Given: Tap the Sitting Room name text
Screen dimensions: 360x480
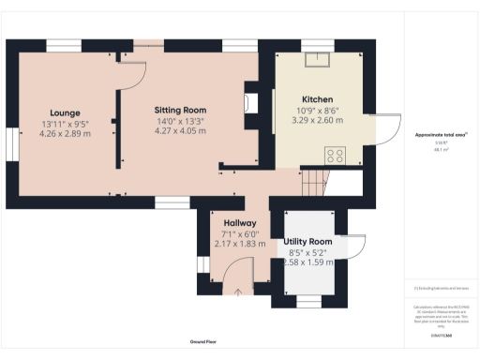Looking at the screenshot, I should point(180,109).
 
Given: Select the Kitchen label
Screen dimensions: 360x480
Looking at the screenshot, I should point(318,99).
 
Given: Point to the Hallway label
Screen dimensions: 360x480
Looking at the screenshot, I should point(227,222).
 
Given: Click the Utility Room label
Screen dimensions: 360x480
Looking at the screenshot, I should point(307,242).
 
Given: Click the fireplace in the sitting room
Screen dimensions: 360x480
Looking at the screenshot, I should point(250,100).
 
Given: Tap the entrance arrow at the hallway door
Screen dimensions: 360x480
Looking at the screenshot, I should point(238,292).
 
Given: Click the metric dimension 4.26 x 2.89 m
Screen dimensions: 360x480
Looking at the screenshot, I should point(66,134).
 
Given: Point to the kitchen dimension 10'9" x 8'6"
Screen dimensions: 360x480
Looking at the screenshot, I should point(318,111).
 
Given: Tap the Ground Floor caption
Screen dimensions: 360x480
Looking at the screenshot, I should point(203,342).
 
